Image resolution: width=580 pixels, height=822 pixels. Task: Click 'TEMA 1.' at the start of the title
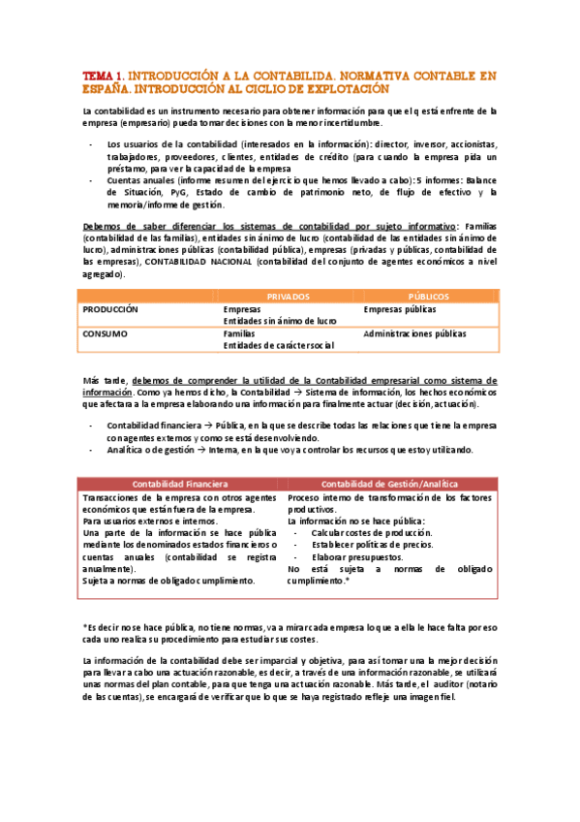click(103, 75)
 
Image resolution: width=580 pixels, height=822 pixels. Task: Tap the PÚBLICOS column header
click(428, 296)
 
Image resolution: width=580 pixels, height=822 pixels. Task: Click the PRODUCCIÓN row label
click(110, 309)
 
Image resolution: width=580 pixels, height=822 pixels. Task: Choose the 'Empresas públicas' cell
click(399, 309)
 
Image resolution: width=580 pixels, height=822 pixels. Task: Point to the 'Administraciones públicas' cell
click(414, 333)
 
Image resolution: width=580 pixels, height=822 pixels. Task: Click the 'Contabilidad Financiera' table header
click(180, 483)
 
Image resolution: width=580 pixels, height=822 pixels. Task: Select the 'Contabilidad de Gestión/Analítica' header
click(390, 483)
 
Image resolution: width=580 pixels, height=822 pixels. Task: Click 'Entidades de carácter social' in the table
click(279, 345)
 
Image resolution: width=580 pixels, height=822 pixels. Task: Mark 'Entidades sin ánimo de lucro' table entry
click(280, 321)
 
